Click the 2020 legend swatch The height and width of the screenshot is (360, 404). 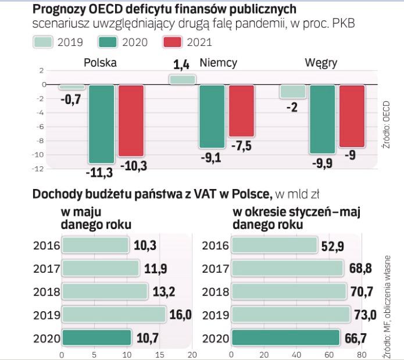point(108,41)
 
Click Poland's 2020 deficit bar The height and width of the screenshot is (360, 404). point(101,124)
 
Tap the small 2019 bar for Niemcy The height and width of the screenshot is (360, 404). point(182,80)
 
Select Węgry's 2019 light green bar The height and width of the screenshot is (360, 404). point(292,91)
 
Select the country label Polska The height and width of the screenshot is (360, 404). point(101,63)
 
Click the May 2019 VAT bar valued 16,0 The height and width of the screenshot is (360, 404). point(114,315)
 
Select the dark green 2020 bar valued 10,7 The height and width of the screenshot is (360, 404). point(96,338)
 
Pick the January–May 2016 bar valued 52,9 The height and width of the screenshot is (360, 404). point(274,245)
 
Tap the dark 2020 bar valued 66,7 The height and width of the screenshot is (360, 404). point(285,338)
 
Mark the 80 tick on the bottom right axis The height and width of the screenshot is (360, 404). point(362,352)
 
